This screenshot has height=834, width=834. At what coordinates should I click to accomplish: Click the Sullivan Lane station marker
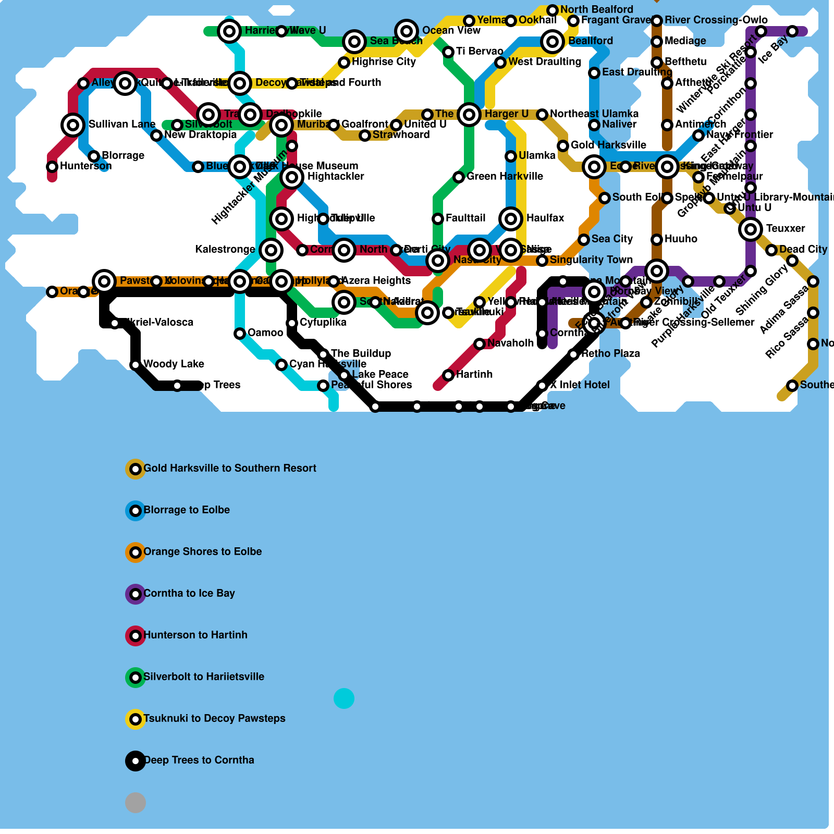73,125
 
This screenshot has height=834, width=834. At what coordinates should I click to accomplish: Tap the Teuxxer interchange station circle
751,229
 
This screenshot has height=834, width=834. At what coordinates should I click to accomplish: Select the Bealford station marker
553,42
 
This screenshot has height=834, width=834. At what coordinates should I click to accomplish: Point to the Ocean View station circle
407,31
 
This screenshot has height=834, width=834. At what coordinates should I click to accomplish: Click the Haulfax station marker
511,219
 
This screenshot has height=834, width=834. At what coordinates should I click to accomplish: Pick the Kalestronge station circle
271,250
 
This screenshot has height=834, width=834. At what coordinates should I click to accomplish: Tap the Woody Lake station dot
136,365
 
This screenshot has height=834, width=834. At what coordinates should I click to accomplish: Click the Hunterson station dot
52,167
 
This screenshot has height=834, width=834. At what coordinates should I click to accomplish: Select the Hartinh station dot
448,375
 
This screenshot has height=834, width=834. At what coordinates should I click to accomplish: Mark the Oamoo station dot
240,334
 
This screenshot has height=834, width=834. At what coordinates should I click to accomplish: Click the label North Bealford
596,9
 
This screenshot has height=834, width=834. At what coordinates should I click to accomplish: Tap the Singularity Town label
591,260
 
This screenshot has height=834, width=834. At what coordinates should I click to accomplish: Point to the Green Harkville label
505,176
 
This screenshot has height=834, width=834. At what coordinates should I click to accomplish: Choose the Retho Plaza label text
610,353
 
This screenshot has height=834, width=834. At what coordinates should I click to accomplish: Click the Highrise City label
384,62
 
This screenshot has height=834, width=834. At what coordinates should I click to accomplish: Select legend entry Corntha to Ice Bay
189,593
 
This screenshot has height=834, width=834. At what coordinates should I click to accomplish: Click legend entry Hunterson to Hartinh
195,635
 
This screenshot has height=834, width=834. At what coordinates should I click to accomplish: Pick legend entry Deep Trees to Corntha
199,760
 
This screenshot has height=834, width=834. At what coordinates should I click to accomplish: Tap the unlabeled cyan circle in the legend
344,698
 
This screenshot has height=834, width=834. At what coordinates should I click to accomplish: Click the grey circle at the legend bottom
136,803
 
